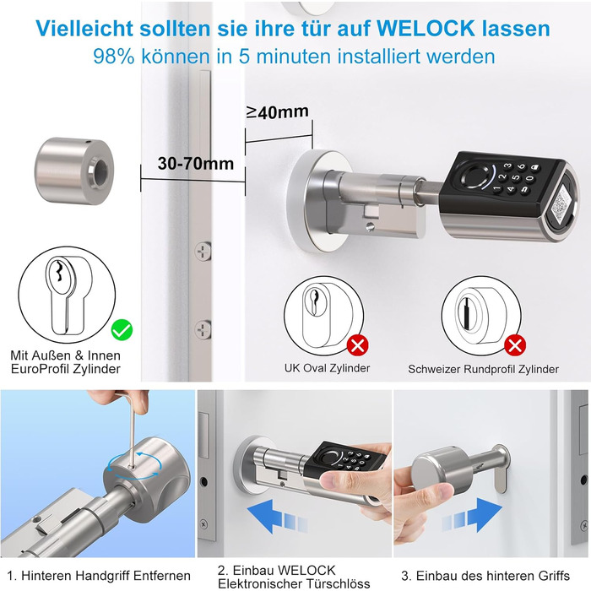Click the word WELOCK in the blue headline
tap(426, 28)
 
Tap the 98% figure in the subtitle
tap(113, 57)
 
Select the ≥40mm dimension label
tap(278, 112)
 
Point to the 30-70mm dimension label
tap(196, 163)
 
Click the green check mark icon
tap(122, 330)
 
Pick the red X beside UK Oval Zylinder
tap(357, 344)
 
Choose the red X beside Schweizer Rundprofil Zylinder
tap(515, 344)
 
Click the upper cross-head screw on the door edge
tap(203, 252)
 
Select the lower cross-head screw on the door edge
tap(203, 329)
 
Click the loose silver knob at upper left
tap(74, 171)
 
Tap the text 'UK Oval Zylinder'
tap(328, 368)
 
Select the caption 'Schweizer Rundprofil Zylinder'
tap(483, 369)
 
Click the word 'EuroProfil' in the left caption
tap(41, 369)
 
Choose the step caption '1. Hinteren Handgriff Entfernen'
tap(99, 576)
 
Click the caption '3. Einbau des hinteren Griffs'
tap(485, 576)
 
